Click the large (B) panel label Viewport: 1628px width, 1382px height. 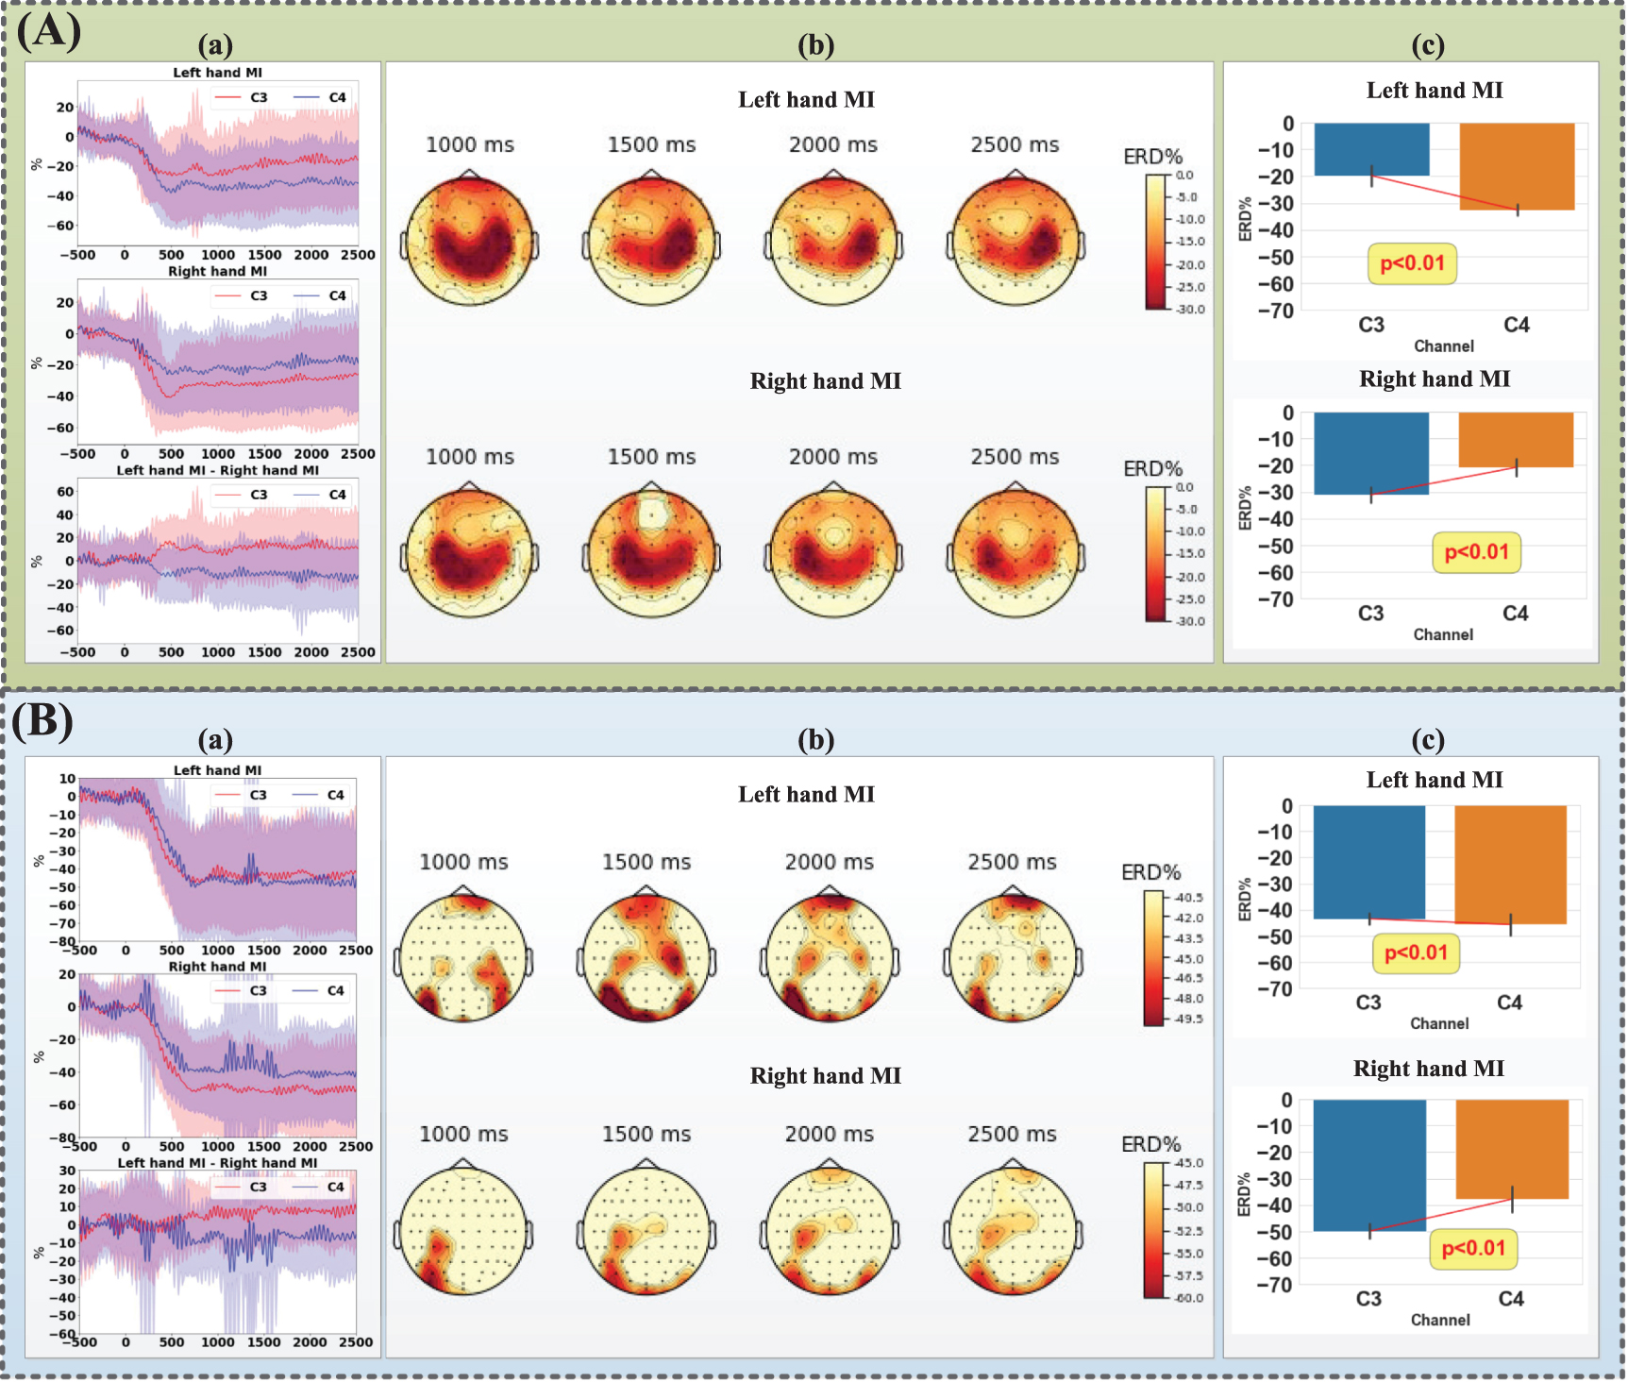pos(43,721)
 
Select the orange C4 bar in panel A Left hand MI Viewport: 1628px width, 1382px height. pos(1517,166)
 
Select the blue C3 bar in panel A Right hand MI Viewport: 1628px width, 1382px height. pos(1370,453)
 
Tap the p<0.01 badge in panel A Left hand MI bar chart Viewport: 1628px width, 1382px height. pos(1412,263)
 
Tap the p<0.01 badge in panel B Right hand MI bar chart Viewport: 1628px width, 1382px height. pos(1473,1248)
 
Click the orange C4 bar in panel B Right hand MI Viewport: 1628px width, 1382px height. pos(1512,1149)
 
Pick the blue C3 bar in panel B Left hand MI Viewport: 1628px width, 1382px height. pos(1368,861)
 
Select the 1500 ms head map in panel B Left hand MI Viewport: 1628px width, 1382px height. pos(646,953)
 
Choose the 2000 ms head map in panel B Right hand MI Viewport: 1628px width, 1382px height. pos(830,1231)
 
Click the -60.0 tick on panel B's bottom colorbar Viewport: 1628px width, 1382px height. pos(1187,1298)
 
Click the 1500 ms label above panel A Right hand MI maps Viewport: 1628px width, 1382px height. pos(651,457)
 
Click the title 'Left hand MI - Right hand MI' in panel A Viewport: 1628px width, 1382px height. pos(218,470)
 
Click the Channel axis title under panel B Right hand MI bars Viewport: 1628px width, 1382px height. pos(1439,1320)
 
